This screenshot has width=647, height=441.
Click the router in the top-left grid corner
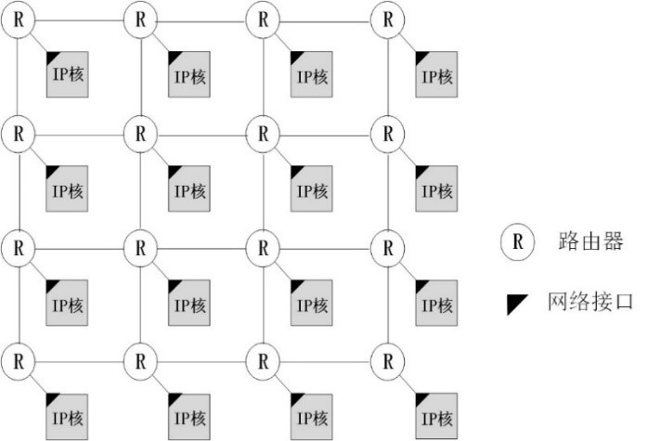click(18, 19)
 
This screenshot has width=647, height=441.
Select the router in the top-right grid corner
click(387, 19)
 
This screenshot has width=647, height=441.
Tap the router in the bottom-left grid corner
click(18, 358)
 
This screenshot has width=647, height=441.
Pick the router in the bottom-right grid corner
click(387, 358)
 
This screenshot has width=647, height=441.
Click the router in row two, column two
click(140, 133)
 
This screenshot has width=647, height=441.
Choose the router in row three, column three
click(265, 248)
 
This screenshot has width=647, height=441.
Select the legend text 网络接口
click(590, 303)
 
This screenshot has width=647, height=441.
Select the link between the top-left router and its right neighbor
click(79, 19)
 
